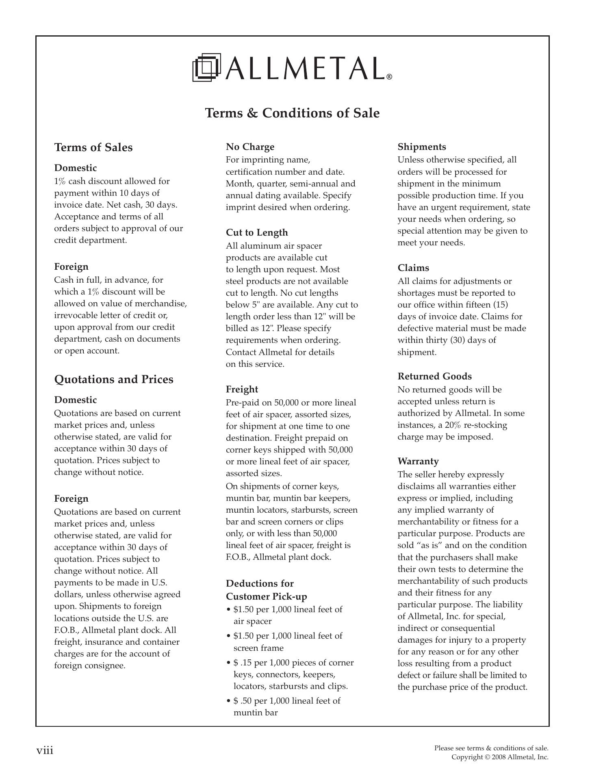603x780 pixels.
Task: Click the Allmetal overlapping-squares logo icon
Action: (207, 67)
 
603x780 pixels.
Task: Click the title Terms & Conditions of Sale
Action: (292, 113)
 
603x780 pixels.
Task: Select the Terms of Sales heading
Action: (93, 147)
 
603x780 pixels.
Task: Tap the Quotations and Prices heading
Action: (114, 379)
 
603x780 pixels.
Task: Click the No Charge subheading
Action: (250, 147)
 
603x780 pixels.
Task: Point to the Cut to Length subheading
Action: (257, 232)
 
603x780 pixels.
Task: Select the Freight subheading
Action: (242, 389)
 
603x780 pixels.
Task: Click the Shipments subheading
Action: (421, 147)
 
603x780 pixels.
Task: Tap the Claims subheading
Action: (413, 268)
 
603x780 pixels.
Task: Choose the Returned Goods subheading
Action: (434, 376)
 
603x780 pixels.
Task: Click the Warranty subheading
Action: (418, 461)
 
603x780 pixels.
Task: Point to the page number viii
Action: (45, 750)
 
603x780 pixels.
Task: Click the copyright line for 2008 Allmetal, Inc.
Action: (500, 757)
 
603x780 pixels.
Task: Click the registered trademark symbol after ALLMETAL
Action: (389, 76)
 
